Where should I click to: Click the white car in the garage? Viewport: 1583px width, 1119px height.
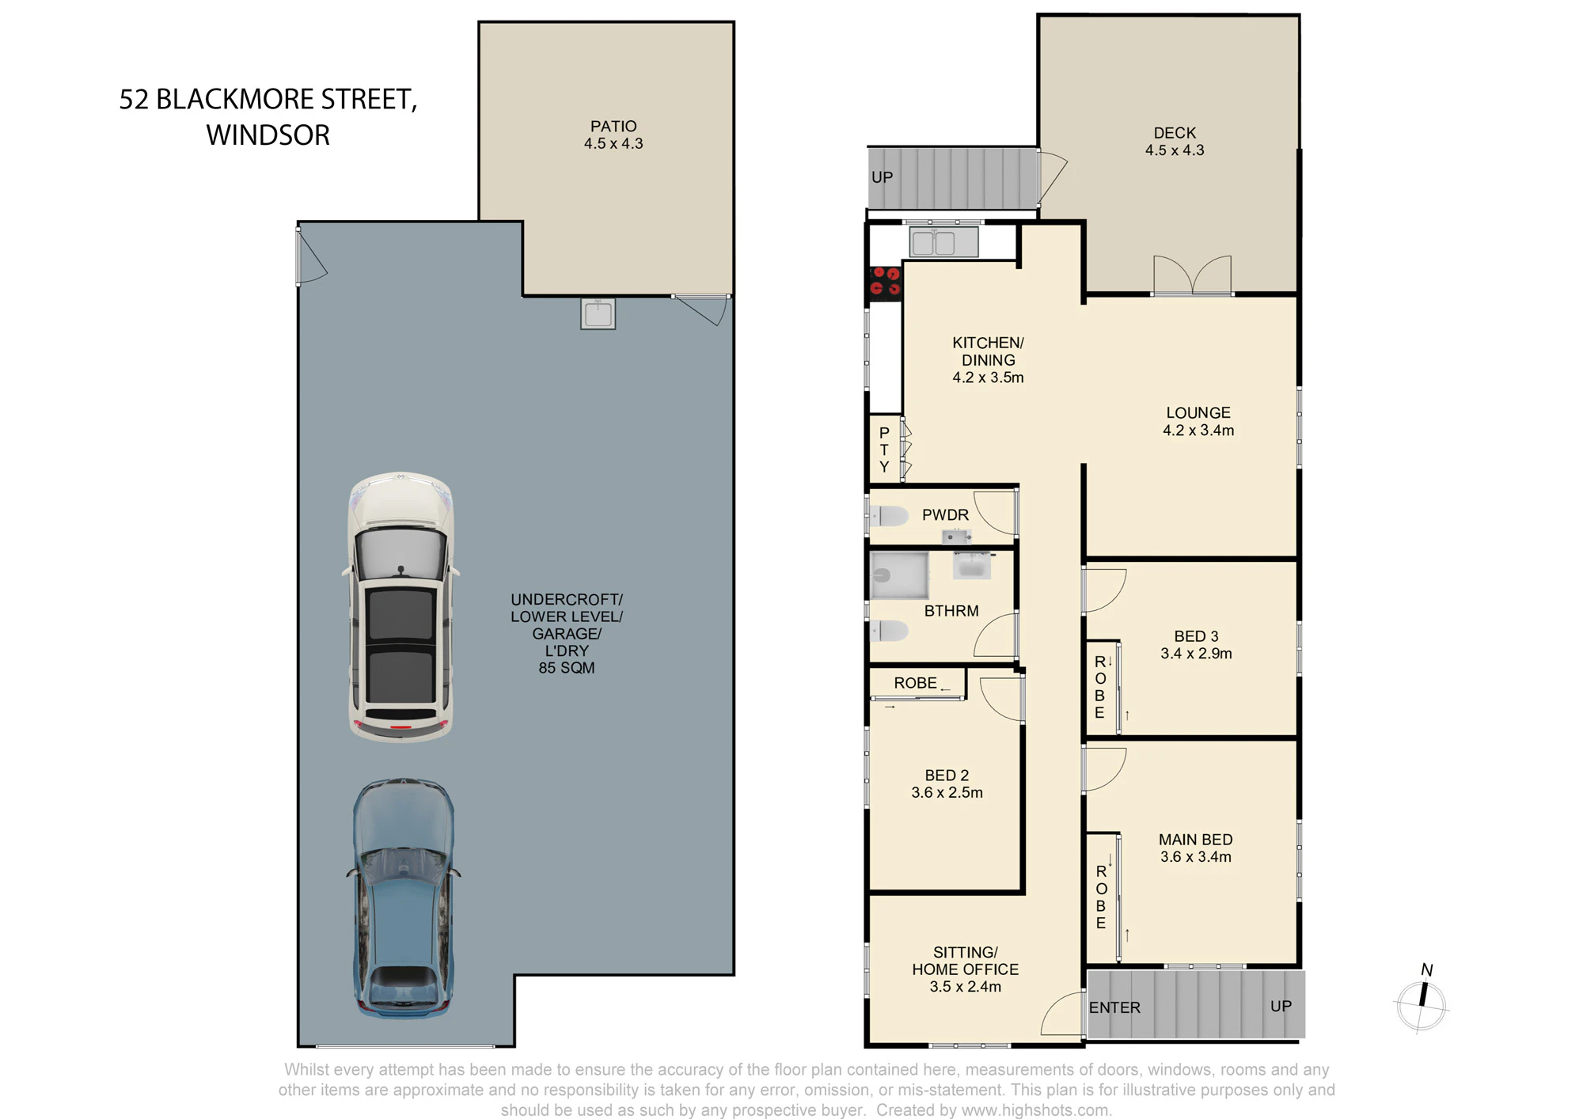click(400, 607)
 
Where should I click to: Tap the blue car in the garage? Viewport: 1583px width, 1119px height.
click(403, 898)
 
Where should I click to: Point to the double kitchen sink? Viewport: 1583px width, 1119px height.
click(943, 242)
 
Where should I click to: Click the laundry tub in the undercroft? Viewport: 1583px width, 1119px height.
click(598, 313)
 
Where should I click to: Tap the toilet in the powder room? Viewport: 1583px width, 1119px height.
click(889, 517)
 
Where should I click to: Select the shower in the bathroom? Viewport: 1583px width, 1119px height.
click(899, 575)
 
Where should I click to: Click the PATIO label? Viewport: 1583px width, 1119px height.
click(613, 127)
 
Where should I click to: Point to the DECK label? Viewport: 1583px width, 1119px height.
click(1175, 133)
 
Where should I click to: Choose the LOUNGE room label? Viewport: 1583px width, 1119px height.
click(1198, 413)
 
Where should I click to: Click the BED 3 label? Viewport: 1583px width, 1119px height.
click(1196, 636)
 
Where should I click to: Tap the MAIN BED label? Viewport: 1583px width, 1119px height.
click(1195, 840)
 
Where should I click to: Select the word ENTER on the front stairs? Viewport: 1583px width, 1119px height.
click(1114, 1007)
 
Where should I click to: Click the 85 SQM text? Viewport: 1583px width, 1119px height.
click(567, 668)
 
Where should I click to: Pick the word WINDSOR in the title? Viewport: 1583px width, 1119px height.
click(268, 135)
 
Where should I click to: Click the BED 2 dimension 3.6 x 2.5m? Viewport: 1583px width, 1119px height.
click(947, 793)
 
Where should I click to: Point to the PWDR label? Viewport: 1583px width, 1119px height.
click(945, 515)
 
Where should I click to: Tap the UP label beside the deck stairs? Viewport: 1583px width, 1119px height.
click(882, 177)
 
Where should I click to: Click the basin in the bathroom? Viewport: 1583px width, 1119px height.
click(972, 565)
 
